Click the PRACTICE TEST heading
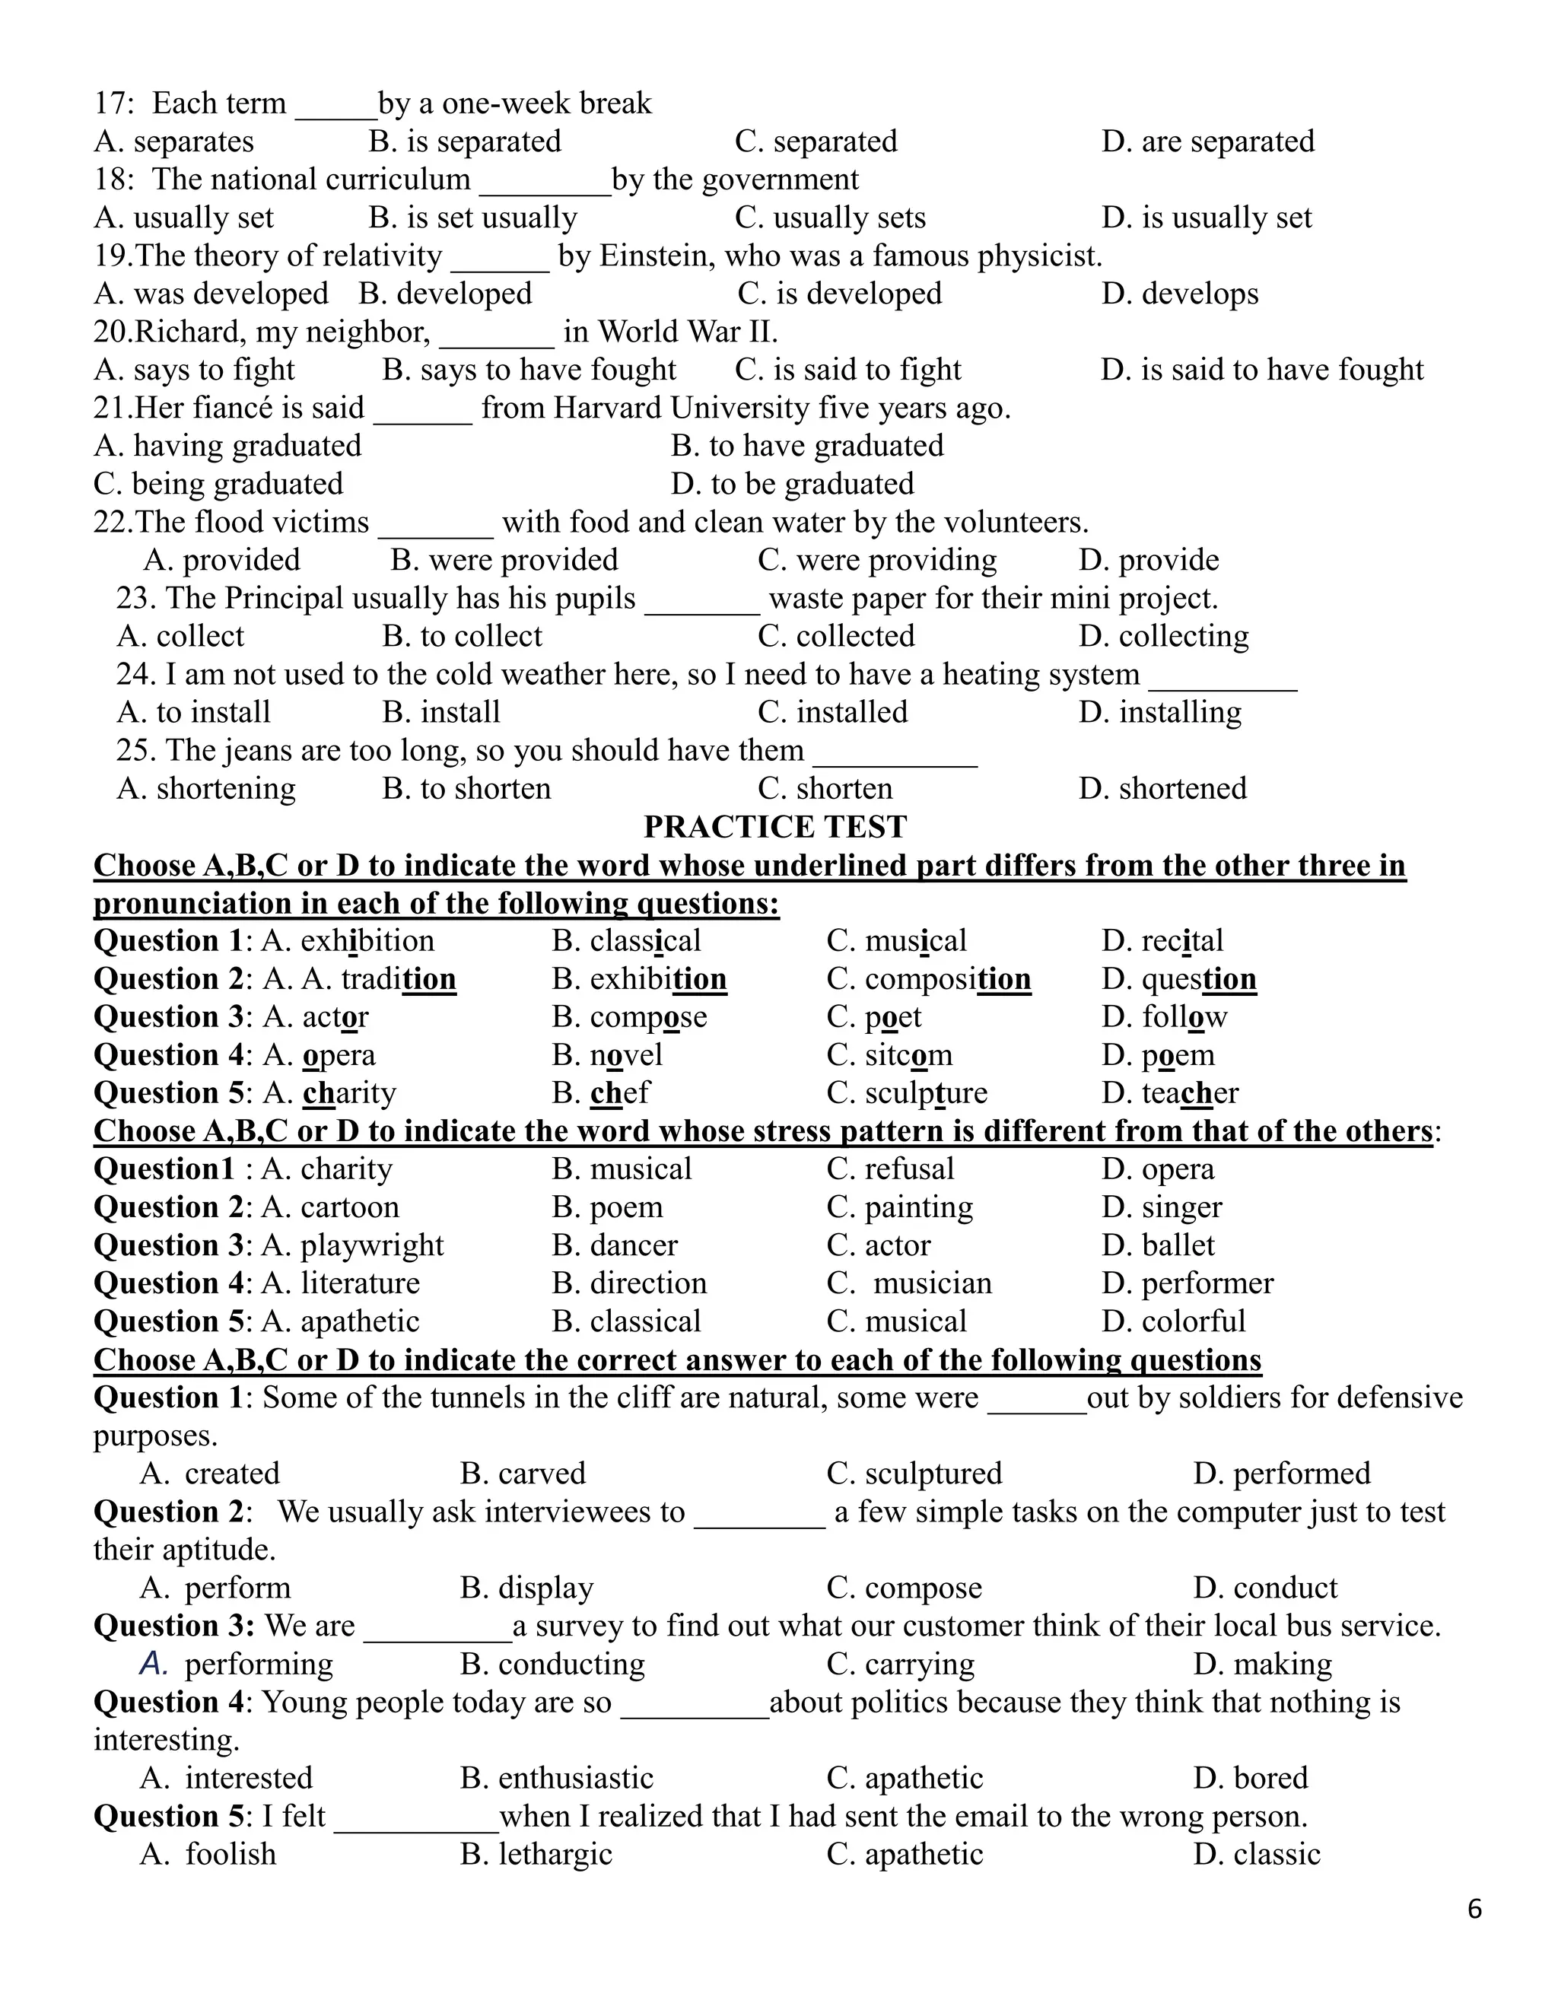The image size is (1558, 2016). coord(774,826)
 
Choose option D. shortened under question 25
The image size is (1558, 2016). coord(1162,788)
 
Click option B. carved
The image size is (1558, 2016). coord(523,1474)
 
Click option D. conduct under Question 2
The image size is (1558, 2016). coord(1264,1588)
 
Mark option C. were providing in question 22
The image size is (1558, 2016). coord(877,561)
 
